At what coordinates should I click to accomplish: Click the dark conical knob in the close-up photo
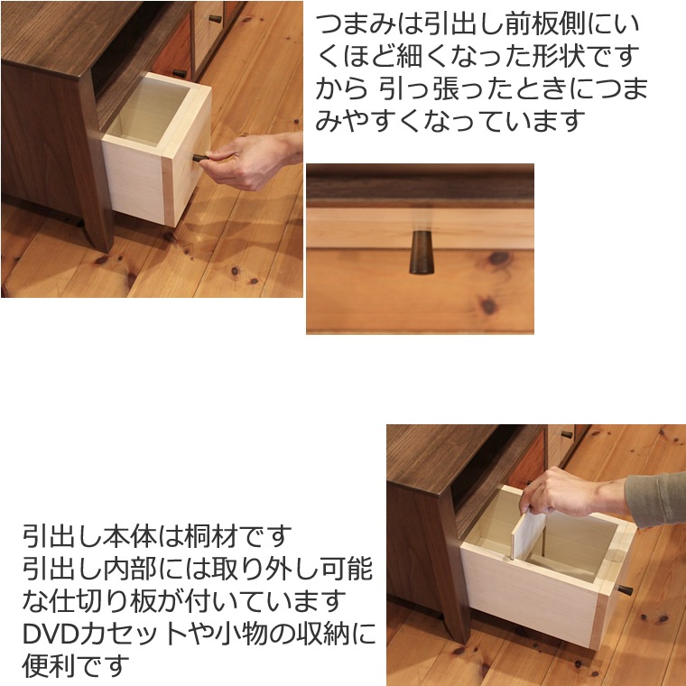tap(422, 253)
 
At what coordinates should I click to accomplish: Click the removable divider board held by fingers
tap(529, 534)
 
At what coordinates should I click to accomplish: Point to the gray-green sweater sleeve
tap(656, 499)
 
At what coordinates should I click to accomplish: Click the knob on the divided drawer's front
tap(626, 590)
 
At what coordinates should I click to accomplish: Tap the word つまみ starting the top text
tap(356, 24)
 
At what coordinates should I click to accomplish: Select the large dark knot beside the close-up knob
tap(499, 258)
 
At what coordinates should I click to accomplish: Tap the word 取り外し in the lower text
tap(265, 569)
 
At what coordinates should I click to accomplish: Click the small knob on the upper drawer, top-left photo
tap(216, 18)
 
